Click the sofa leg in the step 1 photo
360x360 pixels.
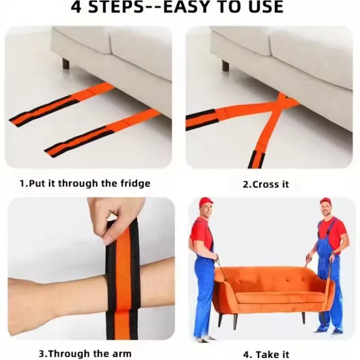coord(66,63)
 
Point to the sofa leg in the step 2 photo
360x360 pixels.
coord(225,65)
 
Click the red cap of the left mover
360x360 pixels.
coord(206,201)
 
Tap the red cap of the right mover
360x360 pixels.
coord(325,201)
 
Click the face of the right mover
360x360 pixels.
coord(325,209)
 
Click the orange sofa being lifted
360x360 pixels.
coord(270,288)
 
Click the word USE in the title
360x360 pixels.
coord(263,7)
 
